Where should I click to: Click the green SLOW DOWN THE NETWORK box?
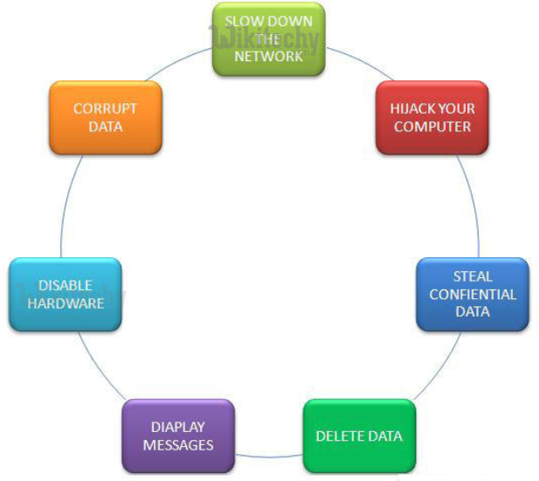269,38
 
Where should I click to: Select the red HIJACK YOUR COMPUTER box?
432,118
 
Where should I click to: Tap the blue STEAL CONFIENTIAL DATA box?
472,294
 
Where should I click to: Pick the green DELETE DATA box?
359,436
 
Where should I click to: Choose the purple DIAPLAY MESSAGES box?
179,436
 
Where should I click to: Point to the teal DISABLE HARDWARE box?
66,294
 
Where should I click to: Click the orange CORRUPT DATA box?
106,118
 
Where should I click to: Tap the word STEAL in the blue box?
473,277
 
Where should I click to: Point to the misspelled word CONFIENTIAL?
473,294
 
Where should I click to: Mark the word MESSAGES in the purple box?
179,444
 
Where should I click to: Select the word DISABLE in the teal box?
66,285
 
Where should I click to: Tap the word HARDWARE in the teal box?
66,303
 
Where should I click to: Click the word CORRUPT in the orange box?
106,109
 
